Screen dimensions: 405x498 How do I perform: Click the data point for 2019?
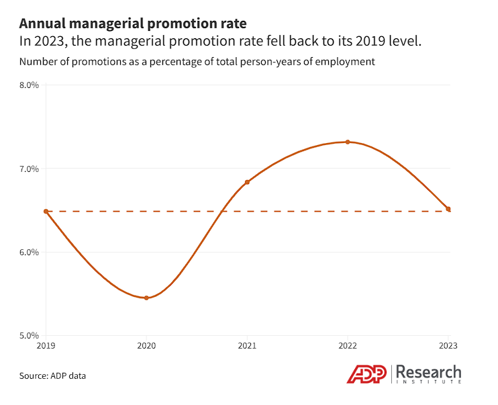click(46, 211)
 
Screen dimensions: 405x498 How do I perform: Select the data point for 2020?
click(146, 298)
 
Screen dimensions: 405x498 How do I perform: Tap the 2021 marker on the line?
click(247, 182)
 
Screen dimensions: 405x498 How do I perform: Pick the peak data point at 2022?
click(348, 142)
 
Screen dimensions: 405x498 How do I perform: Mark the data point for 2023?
click(448, 209)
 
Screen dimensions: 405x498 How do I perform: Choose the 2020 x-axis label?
click(146, 346)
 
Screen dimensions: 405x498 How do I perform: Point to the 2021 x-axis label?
click(247, 346)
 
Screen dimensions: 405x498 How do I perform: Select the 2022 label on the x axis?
click(348, 346)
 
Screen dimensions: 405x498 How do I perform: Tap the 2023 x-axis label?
click(448, 346)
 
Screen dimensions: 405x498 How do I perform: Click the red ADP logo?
click(368, 374)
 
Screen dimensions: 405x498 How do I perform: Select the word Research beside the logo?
click(429, 371)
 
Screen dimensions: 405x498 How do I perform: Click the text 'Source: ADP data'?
click(53, 375)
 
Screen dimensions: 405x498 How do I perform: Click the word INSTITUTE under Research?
click(429, 382)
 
